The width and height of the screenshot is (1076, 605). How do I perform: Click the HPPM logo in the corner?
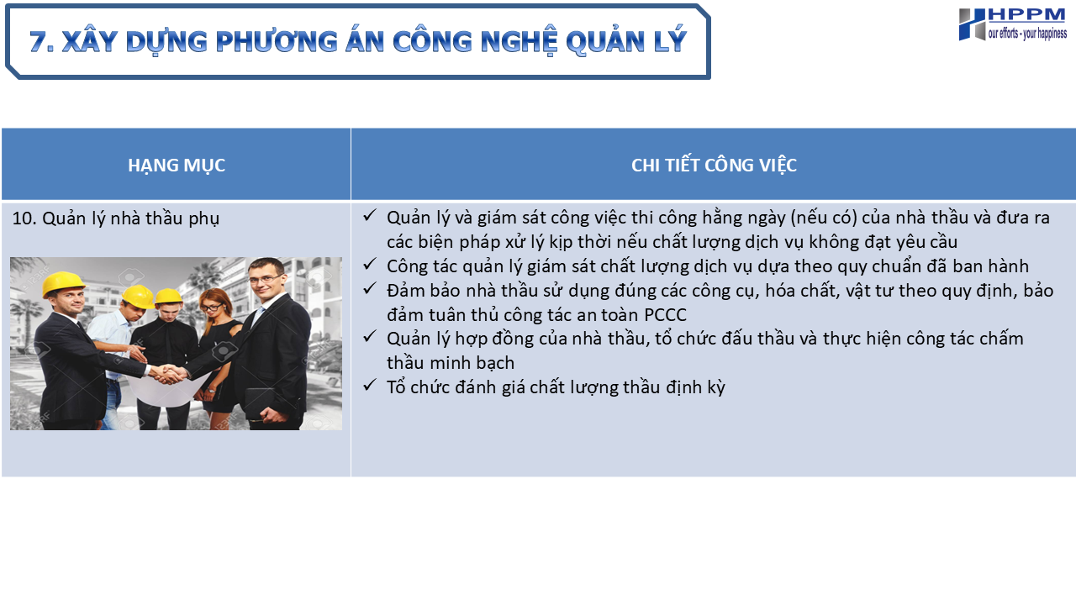tap(1013, 24)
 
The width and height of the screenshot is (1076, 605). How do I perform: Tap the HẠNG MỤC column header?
tap(177, 166)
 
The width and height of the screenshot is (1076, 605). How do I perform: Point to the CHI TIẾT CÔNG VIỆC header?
tap(714, 166)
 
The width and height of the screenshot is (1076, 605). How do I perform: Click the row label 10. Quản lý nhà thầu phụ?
tap(116, 218)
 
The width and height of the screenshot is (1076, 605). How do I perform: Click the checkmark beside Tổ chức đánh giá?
tap(369, 385)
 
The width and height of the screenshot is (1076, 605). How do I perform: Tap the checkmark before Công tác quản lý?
tap(369, 264)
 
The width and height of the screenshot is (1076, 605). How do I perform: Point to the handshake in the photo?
tap(167, 374)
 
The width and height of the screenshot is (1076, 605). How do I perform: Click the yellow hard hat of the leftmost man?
tap(63, 284)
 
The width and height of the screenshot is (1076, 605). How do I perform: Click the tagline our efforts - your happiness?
tap(1027, 33)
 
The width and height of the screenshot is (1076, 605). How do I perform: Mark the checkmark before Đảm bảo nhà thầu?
tap(369, 288)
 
